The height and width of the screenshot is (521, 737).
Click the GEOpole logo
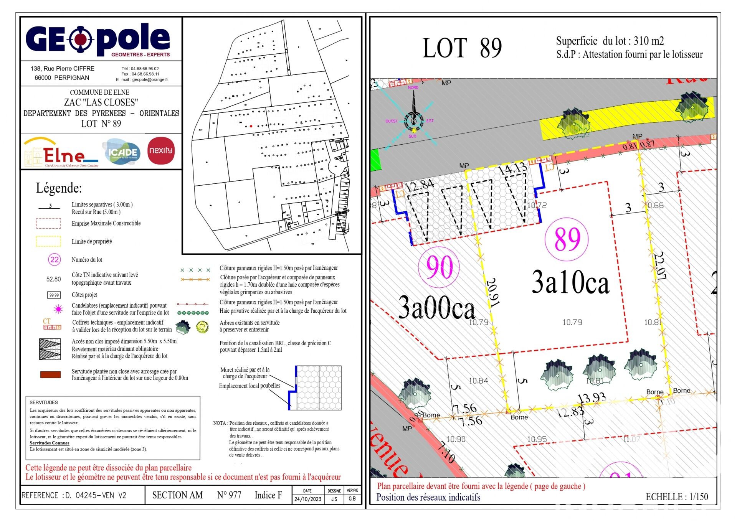(98, 39)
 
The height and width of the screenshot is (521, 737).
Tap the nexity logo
(161, 150)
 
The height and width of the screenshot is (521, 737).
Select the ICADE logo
(122, 152)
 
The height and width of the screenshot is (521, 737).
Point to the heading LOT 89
(462, 48)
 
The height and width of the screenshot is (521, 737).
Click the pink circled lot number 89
(567, 239)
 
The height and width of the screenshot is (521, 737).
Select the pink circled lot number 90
(439, 267)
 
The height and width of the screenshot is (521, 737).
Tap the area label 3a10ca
(570, 282)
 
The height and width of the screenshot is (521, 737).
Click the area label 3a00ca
(436, 308)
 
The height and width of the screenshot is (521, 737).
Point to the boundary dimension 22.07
(660, 265)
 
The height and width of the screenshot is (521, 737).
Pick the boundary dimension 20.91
(492, 292)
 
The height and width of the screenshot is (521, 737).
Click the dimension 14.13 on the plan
(512, 169)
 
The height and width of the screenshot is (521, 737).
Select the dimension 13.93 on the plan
(592, 398)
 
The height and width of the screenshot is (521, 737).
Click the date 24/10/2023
(307, 499)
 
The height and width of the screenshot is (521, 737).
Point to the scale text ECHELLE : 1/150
(676, 497)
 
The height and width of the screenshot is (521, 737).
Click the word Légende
(59, 188)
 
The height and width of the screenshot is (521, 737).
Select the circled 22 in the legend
(55, 260)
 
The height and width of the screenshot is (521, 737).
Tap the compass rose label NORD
(413, 87)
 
